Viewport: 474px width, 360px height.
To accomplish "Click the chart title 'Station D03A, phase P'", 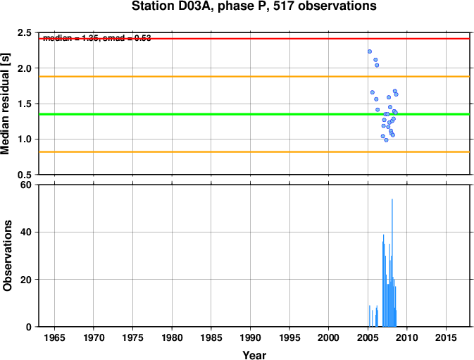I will click(x=254, y=7).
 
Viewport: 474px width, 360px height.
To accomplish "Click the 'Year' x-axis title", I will click(x=254, y=355).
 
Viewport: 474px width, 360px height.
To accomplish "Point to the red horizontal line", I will click(x=211, y=38).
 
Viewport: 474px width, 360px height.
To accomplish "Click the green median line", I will click(x=211, y=113).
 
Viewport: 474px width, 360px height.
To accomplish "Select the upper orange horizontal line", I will click(x=211, y=76).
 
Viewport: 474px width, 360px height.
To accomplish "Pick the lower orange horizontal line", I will click(x=211, y=151).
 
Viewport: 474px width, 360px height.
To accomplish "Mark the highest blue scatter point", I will click(x=369, y=51).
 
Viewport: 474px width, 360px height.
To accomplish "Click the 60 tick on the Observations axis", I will click(x=26, y=185).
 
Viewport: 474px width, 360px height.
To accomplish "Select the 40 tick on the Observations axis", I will click(x=26, y=232).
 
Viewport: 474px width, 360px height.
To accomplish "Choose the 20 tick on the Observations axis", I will click(x=26, y=280).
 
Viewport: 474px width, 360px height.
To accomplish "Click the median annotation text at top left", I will click(x=96, y=37).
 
